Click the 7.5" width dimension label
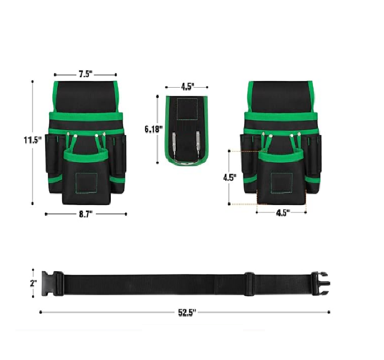[x=85, y=74]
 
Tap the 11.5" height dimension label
[x=33, y=140]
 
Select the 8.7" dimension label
[x=86, y=214]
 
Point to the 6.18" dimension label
[x=154, y=129]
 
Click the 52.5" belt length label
[x=187, y=313]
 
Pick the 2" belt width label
[x=34, y=283]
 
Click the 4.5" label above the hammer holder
[x=187, y=87]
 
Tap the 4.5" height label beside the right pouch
[x=230, y=178]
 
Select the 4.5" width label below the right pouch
[x=283, y=213]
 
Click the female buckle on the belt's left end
[x=52, y=283]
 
